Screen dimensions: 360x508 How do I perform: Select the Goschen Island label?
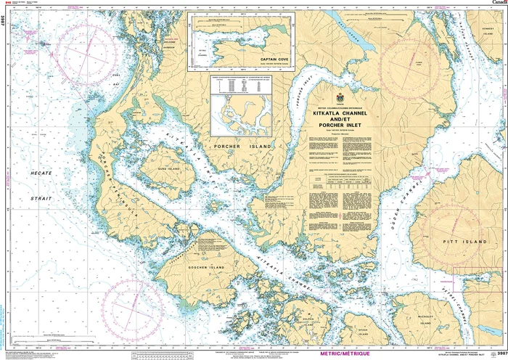click(186, 267)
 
